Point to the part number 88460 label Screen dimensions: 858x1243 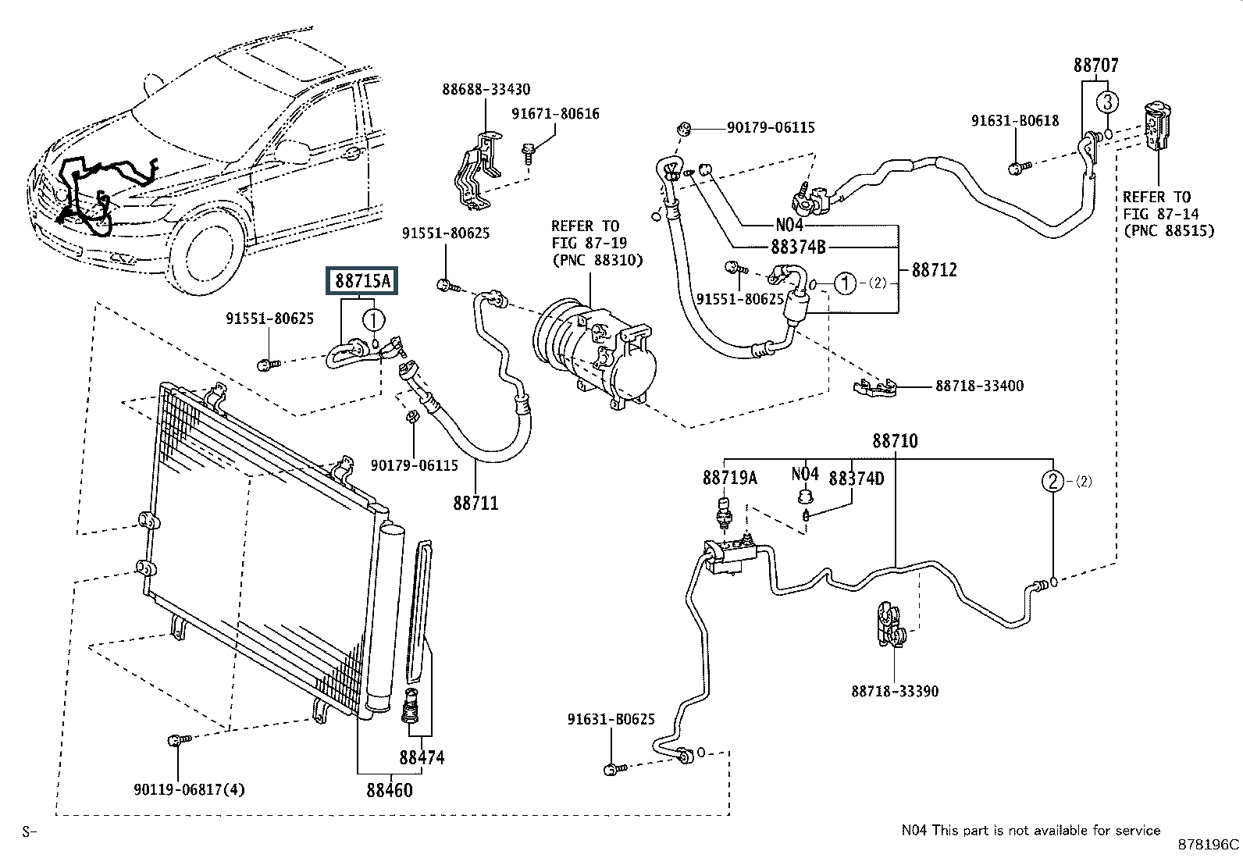click(389, 789)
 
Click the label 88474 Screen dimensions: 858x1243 click(422, 757)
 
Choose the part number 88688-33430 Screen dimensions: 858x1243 click(486, 90)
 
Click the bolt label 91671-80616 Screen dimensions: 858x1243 click(555, 114)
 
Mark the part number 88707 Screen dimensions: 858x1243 click(1096, 66)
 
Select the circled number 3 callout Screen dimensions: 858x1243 click(1107, 101)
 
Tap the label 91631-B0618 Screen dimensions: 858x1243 click(1015, 120)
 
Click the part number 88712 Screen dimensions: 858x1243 click(934, 270)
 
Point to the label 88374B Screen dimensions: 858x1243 click(798, 247)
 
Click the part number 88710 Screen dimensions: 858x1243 click(895, 441)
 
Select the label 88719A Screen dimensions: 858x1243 click(730, 478)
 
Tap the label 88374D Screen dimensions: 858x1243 click(856, 478)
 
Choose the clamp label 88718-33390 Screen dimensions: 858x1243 click(895, 691)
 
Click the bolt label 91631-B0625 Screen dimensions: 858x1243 click(611, 720)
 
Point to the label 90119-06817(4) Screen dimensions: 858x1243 click(189, 789)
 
